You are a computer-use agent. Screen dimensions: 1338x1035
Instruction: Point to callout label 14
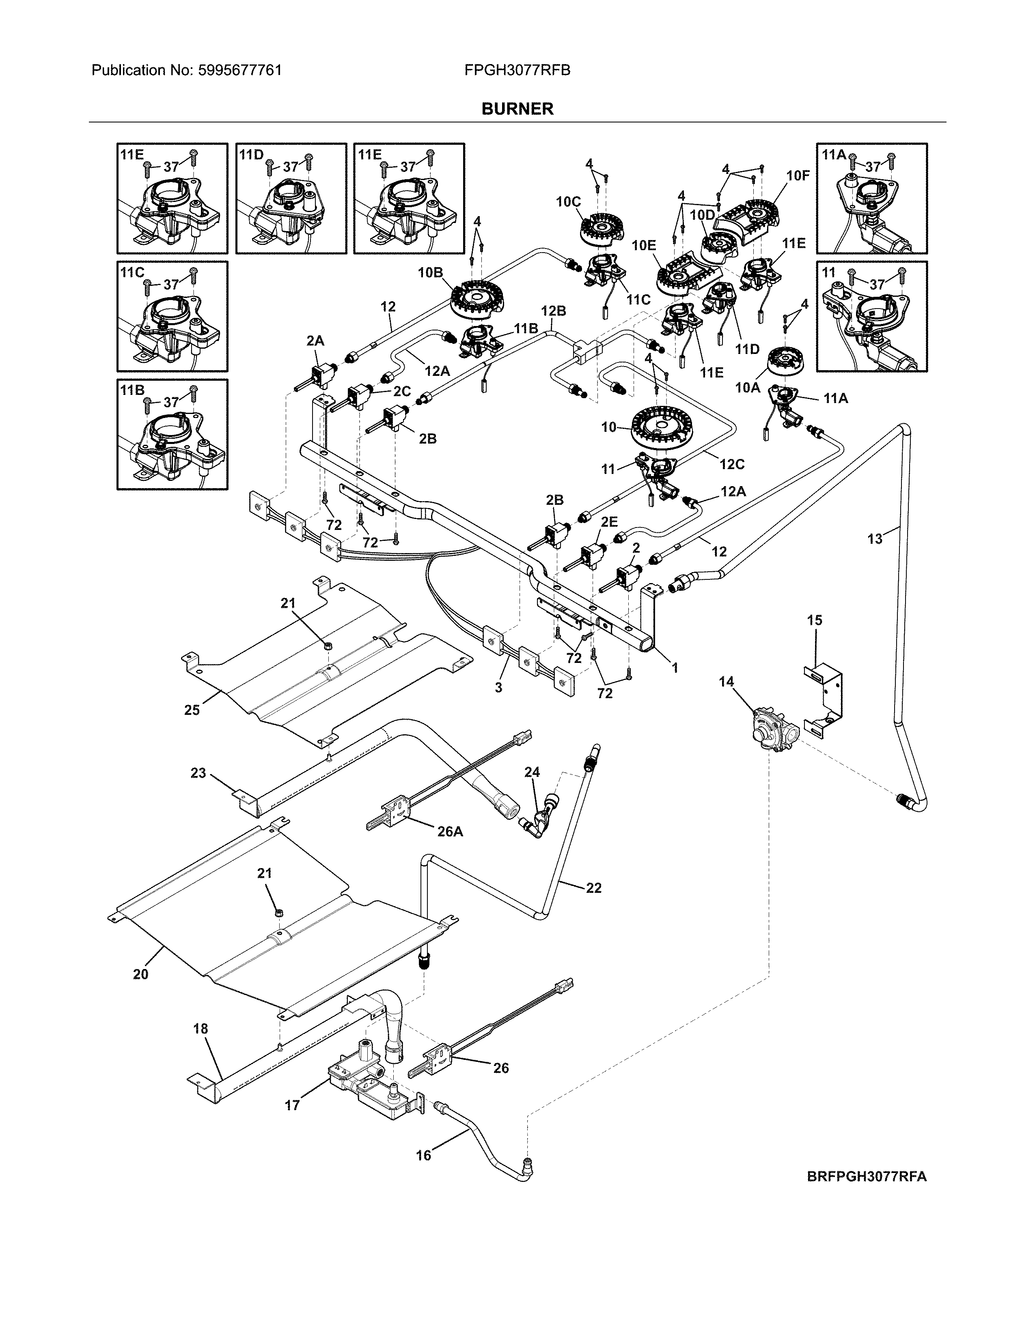[726, 681]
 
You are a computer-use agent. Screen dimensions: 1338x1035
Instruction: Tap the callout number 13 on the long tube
[875, 538]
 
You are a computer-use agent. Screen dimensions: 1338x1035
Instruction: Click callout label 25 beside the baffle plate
[192, 710]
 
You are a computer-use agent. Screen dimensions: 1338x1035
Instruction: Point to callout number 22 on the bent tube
[593, 888]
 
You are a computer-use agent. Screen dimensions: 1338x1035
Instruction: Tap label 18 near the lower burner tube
[201, 1029]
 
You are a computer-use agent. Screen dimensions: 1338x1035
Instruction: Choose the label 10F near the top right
[798, 176]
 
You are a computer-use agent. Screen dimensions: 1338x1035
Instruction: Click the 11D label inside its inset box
[251, 154]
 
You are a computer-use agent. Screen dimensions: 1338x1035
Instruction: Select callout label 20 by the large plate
[140, 974]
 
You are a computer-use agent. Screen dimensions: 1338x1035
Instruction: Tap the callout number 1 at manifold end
[675, 668]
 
